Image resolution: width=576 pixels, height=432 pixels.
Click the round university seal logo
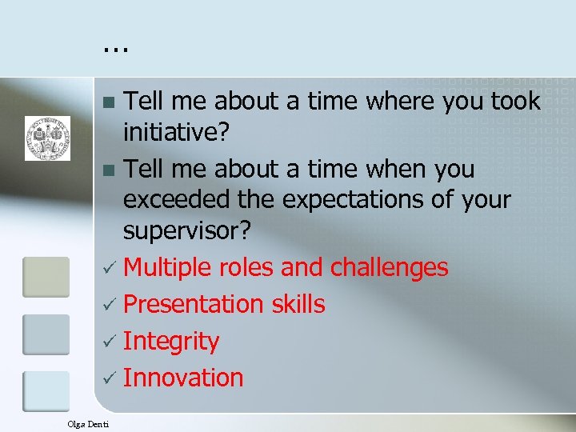(47, 138)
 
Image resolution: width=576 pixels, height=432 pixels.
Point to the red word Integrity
(171, 342)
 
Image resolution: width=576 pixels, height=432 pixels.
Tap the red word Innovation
(183, 378)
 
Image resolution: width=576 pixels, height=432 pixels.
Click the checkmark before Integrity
(110, 342)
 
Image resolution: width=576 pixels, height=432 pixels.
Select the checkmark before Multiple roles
(110, 268)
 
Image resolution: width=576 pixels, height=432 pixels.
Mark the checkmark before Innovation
(110, 378)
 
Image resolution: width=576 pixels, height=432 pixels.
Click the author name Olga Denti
(88, 422)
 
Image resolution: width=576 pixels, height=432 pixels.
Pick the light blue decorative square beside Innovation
(46, 391)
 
